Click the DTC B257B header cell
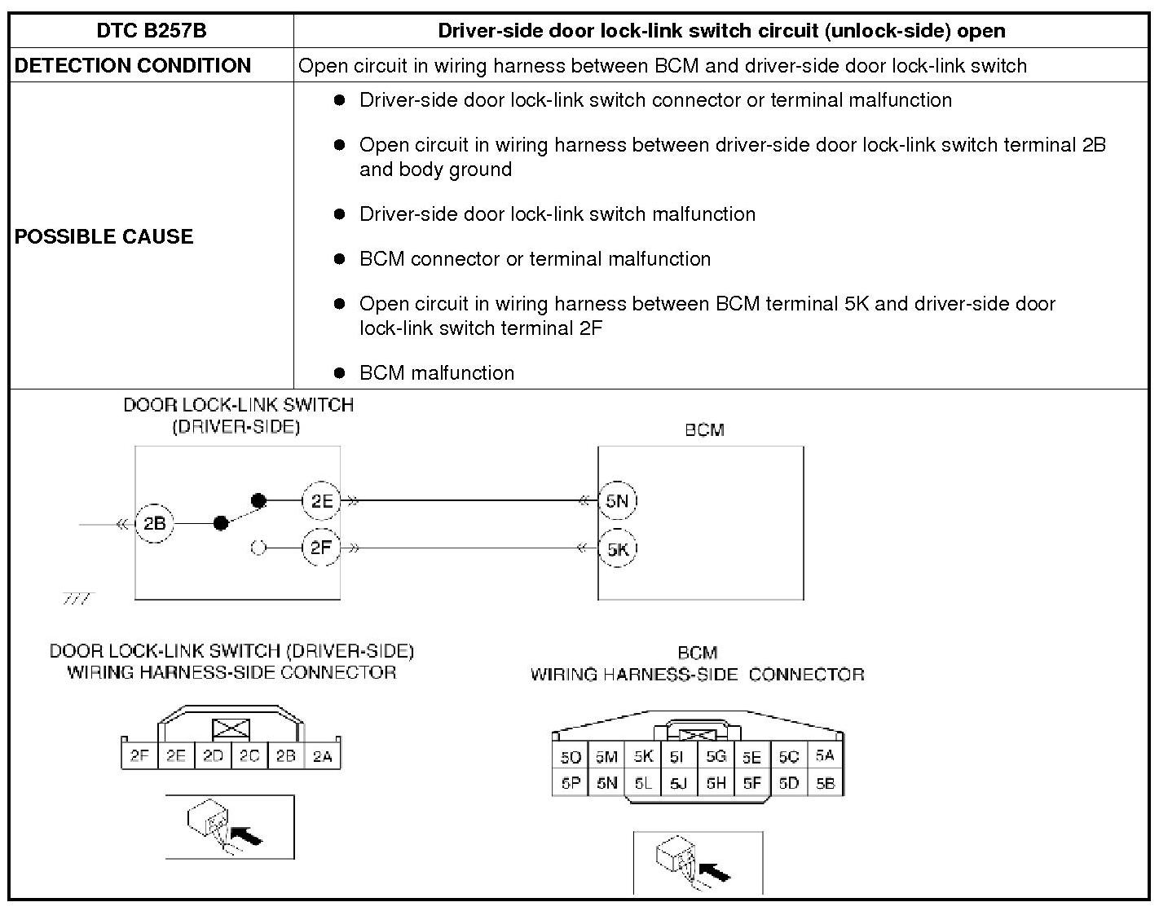(152, 31)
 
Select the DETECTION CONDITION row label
(133, 65)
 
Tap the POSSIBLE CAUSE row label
(104, 236)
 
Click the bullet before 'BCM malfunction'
(340, 372)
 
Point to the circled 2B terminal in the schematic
(154, 523)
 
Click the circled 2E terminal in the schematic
(321, 500)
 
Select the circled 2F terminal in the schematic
(321, 548)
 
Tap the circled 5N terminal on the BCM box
(617, 500)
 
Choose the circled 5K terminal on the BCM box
(617, 548)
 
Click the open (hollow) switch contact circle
(258, 548)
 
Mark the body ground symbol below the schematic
(77, 600)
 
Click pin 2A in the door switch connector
(322, 756)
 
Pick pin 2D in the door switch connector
(213, 756)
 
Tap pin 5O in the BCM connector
(570, 757)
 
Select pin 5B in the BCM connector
(825, 783)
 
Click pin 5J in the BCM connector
(678, 783)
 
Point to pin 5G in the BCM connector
(716, 757)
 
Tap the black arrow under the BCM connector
(715, 872)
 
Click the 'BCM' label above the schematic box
(704, 429)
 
